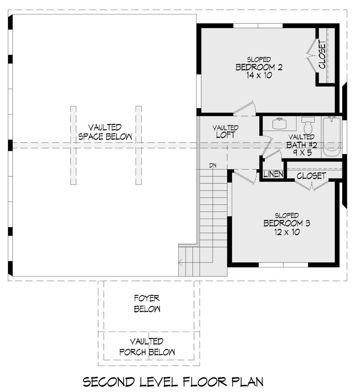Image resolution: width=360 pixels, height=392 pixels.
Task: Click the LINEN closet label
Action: point(273,174)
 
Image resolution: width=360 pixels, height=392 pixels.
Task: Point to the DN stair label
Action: point(213,166)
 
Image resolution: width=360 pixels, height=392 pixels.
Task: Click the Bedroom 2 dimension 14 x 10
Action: point(259,75)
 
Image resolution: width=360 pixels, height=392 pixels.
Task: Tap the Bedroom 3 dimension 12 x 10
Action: point(287,232)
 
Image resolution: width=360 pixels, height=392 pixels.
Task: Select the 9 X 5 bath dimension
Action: point(302,153)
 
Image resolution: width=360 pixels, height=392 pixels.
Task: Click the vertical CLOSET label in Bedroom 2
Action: point(322,55)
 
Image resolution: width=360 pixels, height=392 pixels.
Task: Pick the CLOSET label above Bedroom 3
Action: point(311,176)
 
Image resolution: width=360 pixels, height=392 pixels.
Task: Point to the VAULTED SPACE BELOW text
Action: point(105,132)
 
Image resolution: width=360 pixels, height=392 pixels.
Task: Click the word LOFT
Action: point(226,135)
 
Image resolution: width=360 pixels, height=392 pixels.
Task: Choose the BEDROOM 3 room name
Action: point(287,223)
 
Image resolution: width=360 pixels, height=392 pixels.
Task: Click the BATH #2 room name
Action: point(301,145)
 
